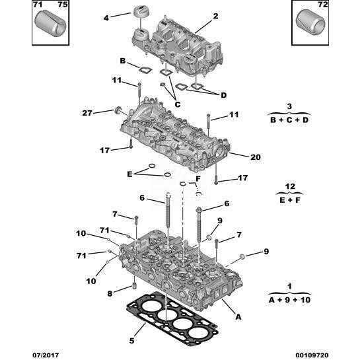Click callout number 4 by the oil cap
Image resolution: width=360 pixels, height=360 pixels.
click(x=106, y=18)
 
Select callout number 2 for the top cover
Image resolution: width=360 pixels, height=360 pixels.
click(x=215, y=16)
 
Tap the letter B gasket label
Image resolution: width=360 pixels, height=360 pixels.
click(x=123, y=61)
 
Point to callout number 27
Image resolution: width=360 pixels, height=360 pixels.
click(x=87, y=113)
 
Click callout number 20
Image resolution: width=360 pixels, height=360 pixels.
click(x=256, y=157)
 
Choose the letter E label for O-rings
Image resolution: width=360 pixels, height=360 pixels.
click(x=130, y=174)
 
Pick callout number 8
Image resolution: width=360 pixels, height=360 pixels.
click(x=110, y=293)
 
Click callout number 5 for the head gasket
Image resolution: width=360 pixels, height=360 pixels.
click(x=131, y=340)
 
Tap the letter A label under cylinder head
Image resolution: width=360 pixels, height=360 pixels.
click(x=238, y=317)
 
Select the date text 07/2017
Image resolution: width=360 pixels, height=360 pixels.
click(x=46, y=355)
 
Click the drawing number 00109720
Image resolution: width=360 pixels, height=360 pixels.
click(x=312, y=355)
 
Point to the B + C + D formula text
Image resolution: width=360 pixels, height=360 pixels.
click(x=289, y=120)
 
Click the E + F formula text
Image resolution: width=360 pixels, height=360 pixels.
click(x=290, y=200)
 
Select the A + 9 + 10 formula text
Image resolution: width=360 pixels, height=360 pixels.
click(x=289, y=300)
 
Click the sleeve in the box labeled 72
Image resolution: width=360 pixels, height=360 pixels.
click(x=310, y=23)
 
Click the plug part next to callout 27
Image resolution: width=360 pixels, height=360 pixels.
click(x=118, y=110)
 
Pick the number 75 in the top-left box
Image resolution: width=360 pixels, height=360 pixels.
click(x=63, y=5)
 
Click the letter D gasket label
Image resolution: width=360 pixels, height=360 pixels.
click(x=223, y=95)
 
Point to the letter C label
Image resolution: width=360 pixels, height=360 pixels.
click(x=178, y=104)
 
